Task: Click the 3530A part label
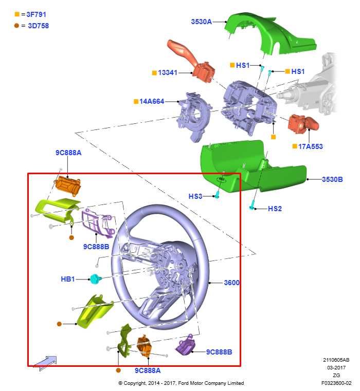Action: tap(201, 22)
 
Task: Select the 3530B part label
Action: tap(332, 179)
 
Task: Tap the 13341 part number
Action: tap(168, 72)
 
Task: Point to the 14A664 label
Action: tap(152, 102)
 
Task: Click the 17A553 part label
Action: tap(310, 146)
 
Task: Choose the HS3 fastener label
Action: tap(195, 196)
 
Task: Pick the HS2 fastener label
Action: tap(275, 209)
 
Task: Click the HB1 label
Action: tap(68, 279)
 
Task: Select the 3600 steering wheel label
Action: tap(231, 283)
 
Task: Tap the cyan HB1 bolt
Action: tap(95, 279)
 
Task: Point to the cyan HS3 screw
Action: tap(218, 195)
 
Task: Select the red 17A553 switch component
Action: tap(303, 124)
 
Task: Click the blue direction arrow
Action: tap(45, 363)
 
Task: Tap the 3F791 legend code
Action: tap(36, 14)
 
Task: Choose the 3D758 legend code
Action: tap(38, 26)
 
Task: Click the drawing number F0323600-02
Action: tap(336, 383)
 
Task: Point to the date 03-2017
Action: tap(336, 367)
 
